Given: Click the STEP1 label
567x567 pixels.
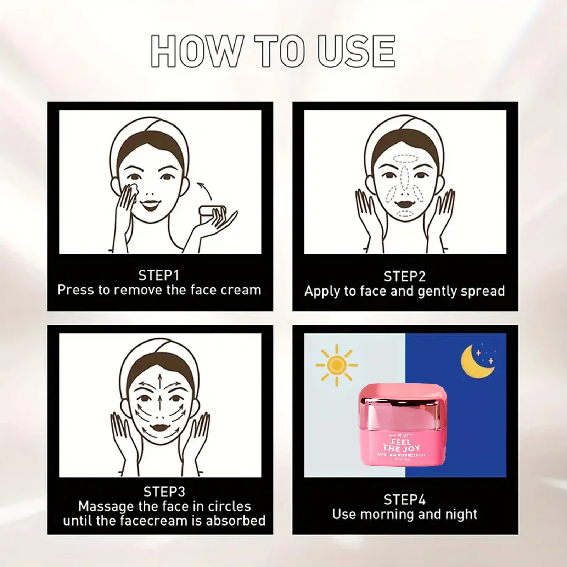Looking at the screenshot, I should pyautogui.click(x=158, y=275).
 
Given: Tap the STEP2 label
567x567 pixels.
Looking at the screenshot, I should pyautogui.click(x=404, y=276).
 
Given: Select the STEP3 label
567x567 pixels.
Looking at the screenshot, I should pyautogui.click(x=164, y=492).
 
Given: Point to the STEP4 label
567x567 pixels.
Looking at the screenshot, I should pyautogui.click(x=404, y=500).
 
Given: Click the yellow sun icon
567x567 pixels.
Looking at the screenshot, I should pyautogui.click(x=336, y=365).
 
